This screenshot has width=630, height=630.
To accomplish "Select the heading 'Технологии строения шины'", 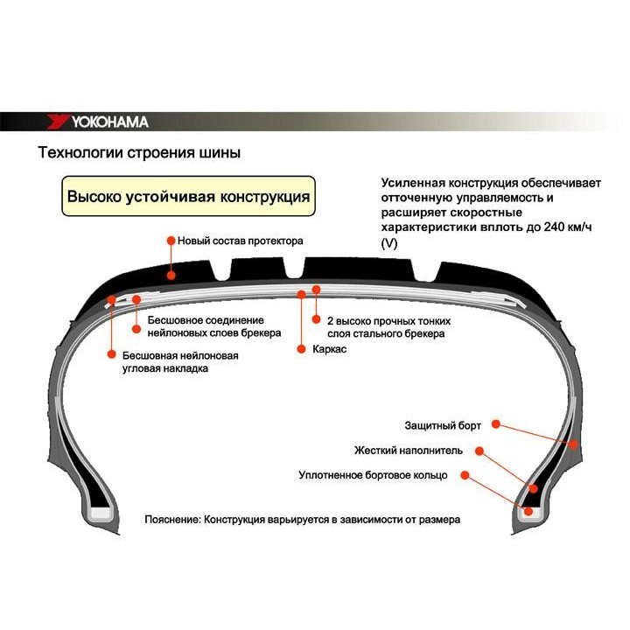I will [138, 153].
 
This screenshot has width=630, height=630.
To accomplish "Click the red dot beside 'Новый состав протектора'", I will [171, 240].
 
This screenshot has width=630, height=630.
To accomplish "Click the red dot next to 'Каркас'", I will [301, 348].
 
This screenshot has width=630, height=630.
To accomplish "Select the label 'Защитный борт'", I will [442, 425].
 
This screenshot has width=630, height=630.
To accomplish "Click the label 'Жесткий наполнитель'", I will [416, 451].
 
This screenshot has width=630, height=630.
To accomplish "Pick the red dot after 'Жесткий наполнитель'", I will [481, 451].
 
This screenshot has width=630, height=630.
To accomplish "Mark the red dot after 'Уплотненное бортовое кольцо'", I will [465, 475].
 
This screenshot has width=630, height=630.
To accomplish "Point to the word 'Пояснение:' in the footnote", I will [172, 520].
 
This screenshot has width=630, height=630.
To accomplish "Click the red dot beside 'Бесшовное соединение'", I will [136, 328].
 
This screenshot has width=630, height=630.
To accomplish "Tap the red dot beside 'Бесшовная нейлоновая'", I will [111, 354].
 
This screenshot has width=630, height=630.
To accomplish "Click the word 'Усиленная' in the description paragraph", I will [414, 183].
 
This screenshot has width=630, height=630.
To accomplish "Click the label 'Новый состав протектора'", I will [240, 240].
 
